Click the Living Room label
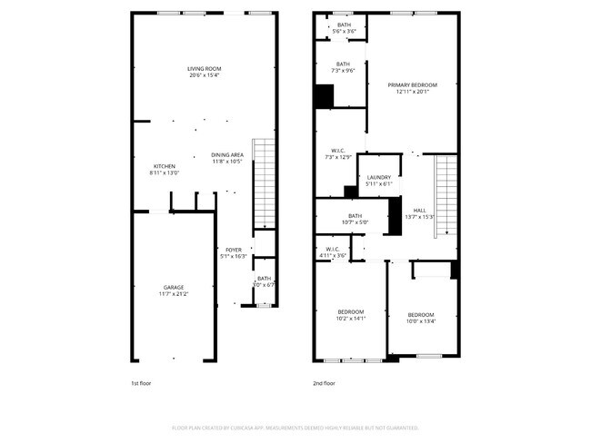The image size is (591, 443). pos(205,73)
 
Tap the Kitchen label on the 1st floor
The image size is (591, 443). pos(164,170)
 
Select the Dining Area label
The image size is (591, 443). pos(226,158)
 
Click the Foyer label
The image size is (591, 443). pos(233,253)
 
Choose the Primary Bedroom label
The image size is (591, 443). pos(411,88)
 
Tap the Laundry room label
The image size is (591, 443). pos(378,181)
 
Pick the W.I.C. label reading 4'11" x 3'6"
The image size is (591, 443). pos(332,252)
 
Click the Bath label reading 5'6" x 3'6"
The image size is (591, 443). pos(344,28)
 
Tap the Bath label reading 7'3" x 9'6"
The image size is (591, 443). pos(342,67)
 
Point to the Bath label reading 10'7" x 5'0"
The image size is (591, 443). pos(354,219)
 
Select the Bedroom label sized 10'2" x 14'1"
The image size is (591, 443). pos(351,315)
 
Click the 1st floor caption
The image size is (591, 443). pos(141,384)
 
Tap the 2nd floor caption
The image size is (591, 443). pos(325,384)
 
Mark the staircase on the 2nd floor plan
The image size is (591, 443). pos(445,194)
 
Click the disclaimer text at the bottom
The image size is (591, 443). pos(295,427)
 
